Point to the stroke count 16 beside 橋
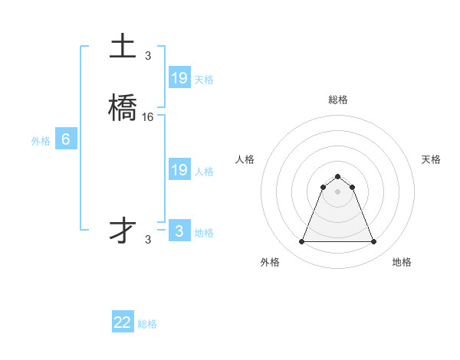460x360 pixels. click(x=148, y=117)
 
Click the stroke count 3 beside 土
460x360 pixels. click(x=148, y=55)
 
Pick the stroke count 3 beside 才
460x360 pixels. click(x=148, y=239)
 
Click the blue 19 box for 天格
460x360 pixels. click(x=179, y=77)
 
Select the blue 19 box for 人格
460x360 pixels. click(x=179, y=170)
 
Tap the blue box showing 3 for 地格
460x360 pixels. click(x=179, y=231)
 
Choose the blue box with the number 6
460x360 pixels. click(x=66, y=139)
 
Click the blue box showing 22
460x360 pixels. click(x=123, y=322)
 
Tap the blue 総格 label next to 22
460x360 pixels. click(x=147, y=324)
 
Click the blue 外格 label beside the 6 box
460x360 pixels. click(x=41, y=141)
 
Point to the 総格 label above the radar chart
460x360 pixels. click(x=338, y=100)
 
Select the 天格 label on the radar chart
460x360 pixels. click(x=431, y=159)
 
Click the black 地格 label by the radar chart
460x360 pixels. click(x=402, y=262)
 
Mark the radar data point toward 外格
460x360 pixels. click(x=301, y=242)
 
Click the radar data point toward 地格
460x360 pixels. click(x=374, y=242)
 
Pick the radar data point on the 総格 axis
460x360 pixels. click(x=338, y=175)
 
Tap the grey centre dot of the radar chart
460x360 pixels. click(x=338, y=191)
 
